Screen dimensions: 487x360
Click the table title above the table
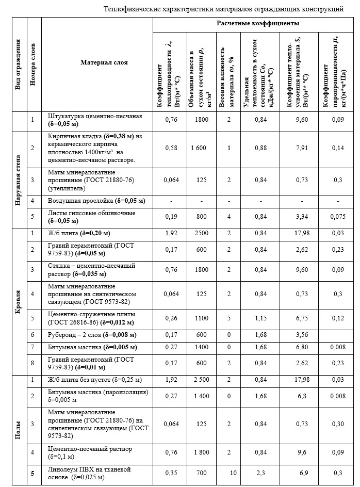[x=223, y=9]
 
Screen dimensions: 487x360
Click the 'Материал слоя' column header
[x=104, y=62]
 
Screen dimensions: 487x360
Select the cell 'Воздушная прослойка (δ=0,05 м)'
[x=96, y=200]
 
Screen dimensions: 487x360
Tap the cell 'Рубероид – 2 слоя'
[x=91, y=334]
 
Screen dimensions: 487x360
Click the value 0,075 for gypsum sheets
[x=338, y=217]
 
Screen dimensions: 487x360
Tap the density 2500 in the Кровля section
[x=198, y=233]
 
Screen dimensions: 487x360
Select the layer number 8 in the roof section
[x=32, y=363]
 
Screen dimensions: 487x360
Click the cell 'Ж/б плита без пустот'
[x=94, y=380]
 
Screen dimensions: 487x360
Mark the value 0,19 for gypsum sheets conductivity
[x=170, y=217]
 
